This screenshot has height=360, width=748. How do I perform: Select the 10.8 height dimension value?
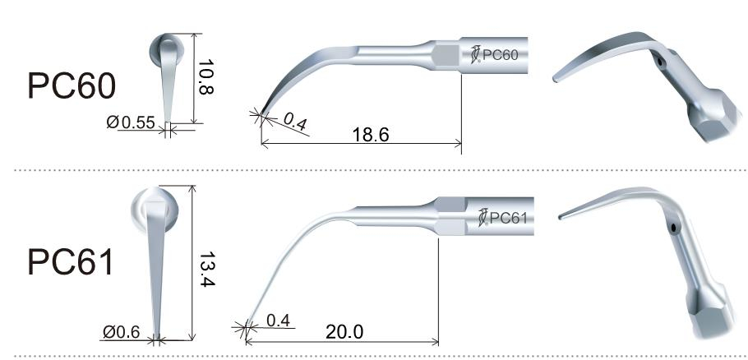tap(205, 80)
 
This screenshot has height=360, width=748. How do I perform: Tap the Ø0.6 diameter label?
tap(122, 333)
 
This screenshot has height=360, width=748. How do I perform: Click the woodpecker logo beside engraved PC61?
tap(483, 219)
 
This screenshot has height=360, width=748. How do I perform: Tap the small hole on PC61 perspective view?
tap(672, 227)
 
